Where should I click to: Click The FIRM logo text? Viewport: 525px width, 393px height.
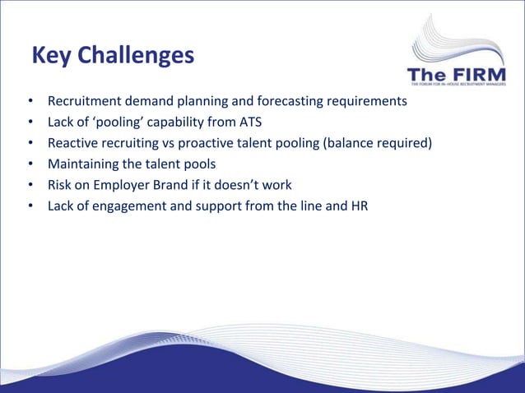pos(458,75)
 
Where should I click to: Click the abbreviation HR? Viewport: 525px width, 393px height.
pos(359,206)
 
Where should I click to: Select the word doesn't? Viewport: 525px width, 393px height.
pos(240,185)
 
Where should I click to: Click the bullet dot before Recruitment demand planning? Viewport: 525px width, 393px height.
pos(30,104)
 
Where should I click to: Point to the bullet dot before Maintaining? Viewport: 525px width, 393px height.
pos(30,165)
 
